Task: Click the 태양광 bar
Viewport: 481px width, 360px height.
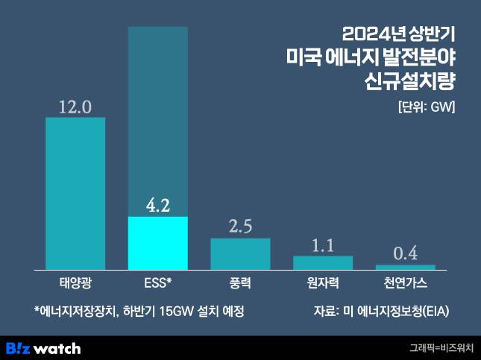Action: tap(75, 193)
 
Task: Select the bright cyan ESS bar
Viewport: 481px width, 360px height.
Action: tap(158, 243)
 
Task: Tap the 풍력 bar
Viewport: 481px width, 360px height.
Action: tap(240, 253)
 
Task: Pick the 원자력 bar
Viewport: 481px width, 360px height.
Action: tap(322, 262)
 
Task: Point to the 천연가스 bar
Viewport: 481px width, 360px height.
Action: tap(405, 267)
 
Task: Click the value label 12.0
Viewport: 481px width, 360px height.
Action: tap(75, 107)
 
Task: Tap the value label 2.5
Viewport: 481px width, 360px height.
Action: tap(240, 227)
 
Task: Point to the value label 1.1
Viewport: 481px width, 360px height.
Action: tap(322, 244)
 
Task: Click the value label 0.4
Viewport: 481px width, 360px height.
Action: tap(405, 253)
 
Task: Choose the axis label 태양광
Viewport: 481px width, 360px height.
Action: tap(75, 284)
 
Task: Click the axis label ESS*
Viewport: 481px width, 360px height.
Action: tap(158, 284)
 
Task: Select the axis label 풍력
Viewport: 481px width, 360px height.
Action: tap(240, 284)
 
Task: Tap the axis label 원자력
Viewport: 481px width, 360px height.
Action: tap(322, 284)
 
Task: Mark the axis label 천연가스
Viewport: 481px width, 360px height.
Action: tap(405, 284)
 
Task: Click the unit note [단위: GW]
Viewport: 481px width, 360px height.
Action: tap(426, 105)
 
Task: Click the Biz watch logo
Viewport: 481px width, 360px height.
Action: tap(43, 348)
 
